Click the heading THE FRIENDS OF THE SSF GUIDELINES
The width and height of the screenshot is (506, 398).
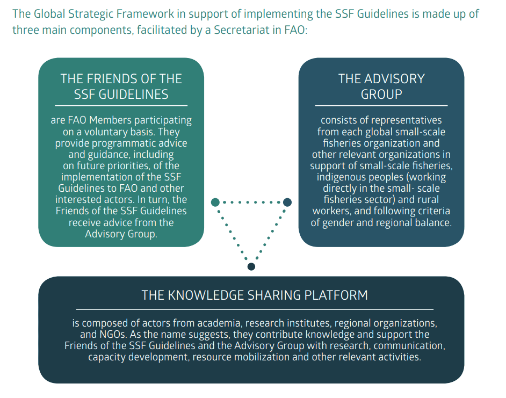coord(121,86)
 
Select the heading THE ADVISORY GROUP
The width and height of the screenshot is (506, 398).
coord(381,86)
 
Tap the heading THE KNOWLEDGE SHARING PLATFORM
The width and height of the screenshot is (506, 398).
coord(255,295)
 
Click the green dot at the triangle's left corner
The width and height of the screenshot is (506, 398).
coord(215,202)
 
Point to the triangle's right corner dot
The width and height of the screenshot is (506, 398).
coord(287,202)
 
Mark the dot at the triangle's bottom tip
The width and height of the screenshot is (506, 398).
coord(251,266)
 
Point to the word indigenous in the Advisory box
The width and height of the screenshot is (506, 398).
coord(341,177)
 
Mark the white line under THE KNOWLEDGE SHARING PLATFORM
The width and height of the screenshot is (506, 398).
coord(255,309)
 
